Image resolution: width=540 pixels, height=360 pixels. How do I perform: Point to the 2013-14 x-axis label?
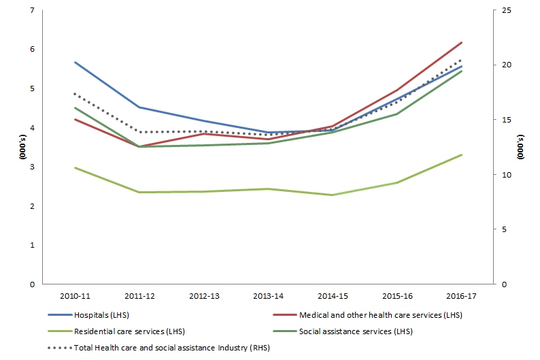click(x=268, y=296)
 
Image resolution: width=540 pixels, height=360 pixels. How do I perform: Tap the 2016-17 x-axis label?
click(x=461, y=296)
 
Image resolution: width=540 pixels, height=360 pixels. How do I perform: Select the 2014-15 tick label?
click(x=333, y=296)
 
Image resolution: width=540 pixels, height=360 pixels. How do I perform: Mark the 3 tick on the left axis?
click(x=32, y=167)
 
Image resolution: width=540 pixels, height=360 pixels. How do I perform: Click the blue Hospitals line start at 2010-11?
click(x=75, y=62)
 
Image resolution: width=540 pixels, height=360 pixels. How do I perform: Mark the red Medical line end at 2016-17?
click(x=462, y=43)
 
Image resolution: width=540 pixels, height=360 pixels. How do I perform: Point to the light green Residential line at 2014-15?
click(x=333, y=195)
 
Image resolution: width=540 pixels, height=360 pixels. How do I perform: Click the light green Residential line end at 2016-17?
click(x=462, y=154)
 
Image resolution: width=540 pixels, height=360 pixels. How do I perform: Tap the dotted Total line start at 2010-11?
click(x=75, y=94)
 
